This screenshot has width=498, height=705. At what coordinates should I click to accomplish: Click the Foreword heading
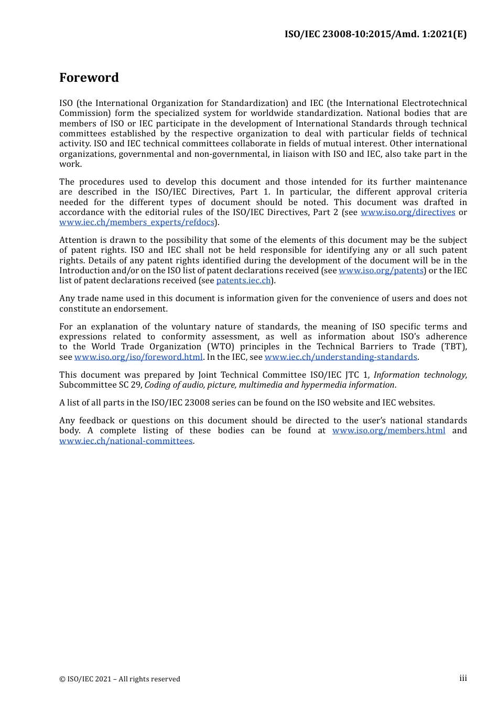[89, 78]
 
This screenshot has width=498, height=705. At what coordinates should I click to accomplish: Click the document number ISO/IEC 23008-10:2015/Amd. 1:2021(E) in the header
[375, 34]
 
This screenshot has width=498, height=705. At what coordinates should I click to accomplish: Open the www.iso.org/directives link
[407, 212]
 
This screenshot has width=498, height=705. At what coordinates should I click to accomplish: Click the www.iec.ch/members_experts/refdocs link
[137, 222]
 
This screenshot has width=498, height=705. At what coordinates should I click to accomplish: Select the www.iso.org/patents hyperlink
[381, 271]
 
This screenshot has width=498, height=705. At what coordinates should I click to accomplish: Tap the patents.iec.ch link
[243, 281]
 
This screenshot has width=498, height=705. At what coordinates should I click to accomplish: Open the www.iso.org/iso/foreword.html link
[138, 357]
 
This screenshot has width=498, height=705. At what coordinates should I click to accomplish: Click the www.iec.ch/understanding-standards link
[341, 357]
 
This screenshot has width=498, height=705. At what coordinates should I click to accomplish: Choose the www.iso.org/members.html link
[388, 431]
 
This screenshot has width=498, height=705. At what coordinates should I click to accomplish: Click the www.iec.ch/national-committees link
[126, 441]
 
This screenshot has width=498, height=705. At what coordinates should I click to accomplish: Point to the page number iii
[463, 678]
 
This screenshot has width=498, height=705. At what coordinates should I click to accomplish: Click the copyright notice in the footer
[120, 679]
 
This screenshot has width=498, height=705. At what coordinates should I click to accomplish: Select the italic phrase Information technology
[419, 375]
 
